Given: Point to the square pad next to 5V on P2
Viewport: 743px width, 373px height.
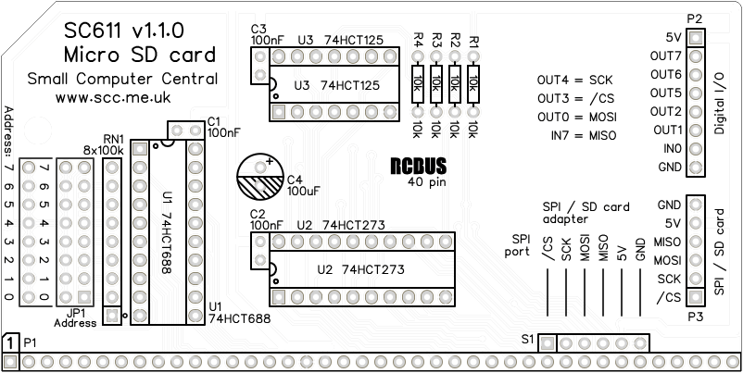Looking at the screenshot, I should point(695,38).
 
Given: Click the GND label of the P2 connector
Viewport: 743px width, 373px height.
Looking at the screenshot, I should point(668,168).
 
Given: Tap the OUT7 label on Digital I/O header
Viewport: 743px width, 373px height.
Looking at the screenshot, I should point(666,56).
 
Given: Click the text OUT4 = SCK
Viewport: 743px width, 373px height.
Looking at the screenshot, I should point(575,81).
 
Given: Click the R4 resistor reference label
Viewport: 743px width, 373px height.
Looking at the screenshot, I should point(418,43).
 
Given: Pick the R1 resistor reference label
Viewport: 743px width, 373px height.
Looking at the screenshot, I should point(474,43).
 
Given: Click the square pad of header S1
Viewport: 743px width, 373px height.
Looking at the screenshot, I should point(548,342).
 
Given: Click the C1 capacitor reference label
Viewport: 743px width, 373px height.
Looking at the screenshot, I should point(214,120).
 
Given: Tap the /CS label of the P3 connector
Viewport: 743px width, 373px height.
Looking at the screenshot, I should point(668,297).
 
